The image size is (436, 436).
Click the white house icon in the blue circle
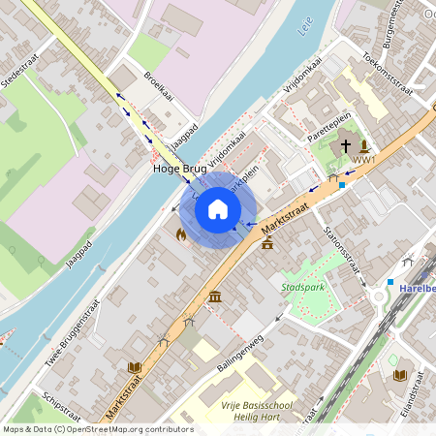pyautogui.click(x=218, y=209)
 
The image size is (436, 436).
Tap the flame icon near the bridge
pyautogui.click(x=181, y=234)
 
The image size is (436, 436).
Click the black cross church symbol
pyautogui.click(x=346, y=146)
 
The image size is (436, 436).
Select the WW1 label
pyautogui.click(x=364, y=160)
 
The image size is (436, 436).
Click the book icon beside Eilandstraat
pyautogui.click(x=399, y=374)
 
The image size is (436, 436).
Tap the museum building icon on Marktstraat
pyautogui.click(x=214, y=296)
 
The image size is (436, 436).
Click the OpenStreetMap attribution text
pyautogui.click(x=97, y=428)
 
